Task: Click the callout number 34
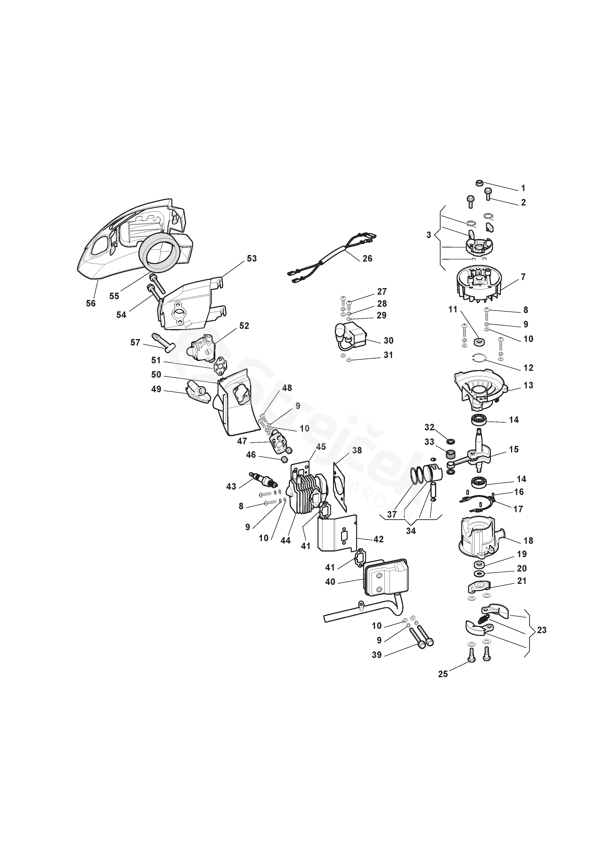[x=411, y=531]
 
